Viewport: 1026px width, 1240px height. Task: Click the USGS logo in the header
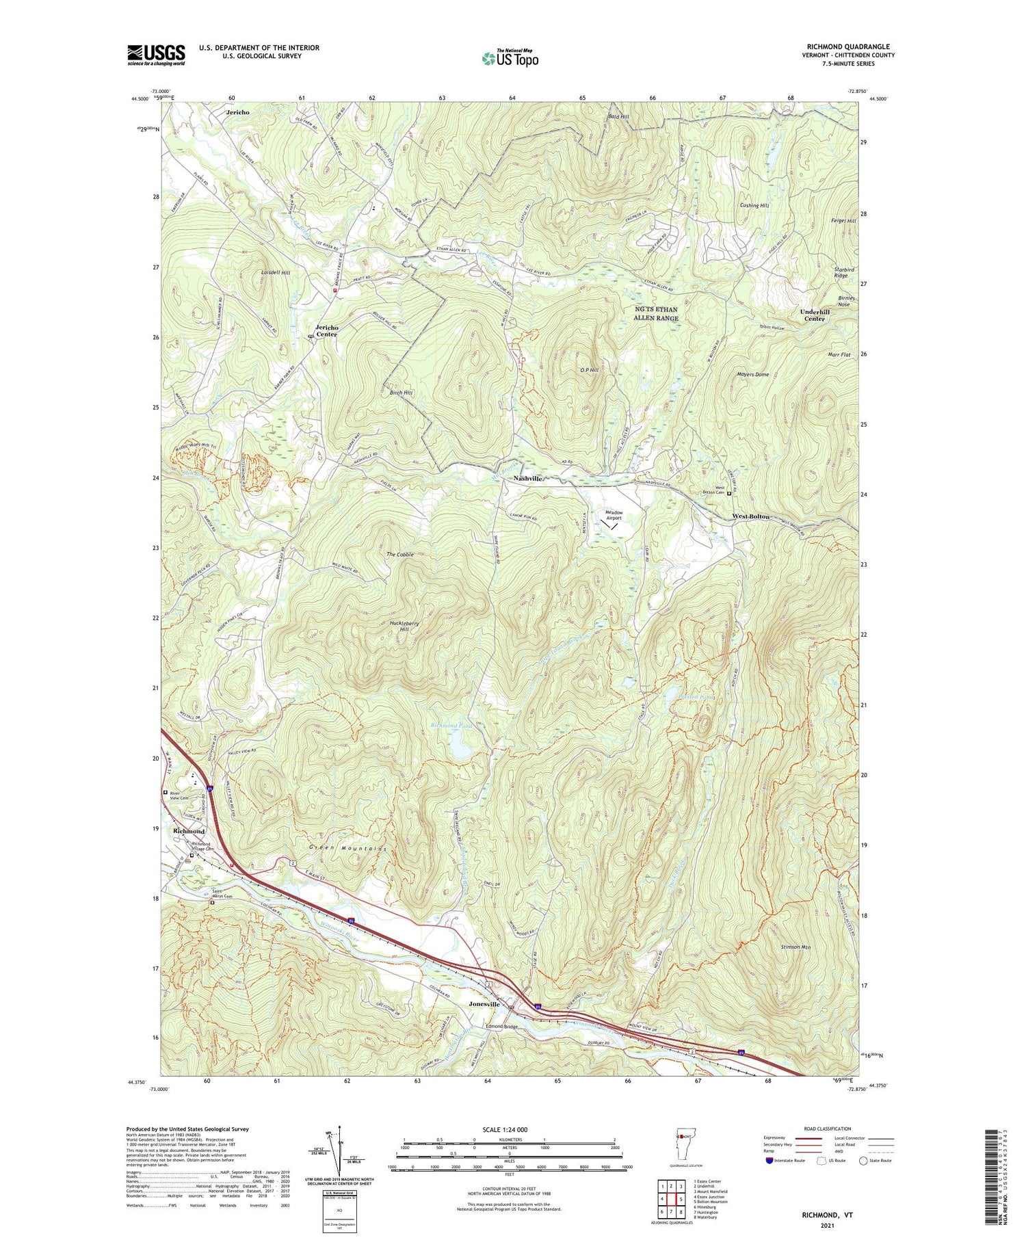[156, 55]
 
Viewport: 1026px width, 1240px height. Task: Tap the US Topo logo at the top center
[510, 58]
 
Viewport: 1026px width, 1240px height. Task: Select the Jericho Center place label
[326, 330]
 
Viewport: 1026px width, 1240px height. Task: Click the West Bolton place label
[750, 516]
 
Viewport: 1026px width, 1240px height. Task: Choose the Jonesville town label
[484, 1004]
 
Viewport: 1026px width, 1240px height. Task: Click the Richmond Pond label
[451, 726]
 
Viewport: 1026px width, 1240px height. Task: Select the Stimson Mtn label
[795, 947]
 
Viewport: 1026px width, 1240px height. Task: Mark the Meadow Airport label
[614, 515]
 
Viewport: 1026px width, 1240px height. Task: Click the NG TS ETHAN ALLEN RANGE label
[655, 314]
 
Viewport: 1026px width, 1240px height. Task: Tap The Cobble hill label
[400, 555]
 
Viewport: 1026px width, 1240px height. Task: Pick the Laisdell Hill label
[276, 272]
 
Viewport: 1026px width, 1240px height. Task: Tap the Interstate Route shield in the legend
[770, 1160]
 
